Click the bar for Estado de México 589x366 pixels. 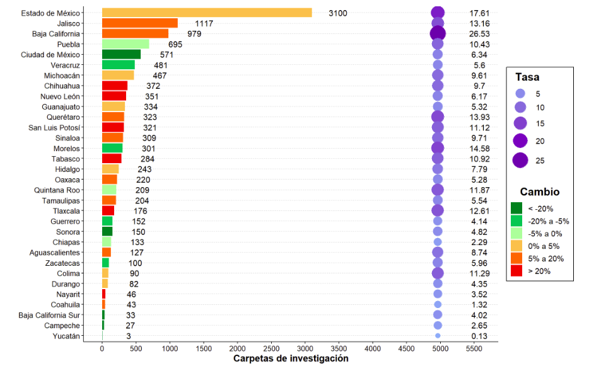click(207, 13)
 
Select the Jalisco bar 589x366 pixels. click(140, 23)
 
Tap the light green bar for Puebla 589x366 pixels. click(125, 44)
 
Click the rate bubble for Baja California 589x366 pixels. click(438, 33)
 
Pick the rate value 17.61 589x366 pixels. click(480, 13)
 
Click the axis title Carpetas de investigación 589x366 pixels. click(291, 358)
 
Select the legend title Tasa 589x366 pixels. click(527, 77)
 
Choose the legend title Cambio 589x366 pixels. click(539, 192)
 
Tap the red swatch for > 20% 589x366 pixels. click(516, 271)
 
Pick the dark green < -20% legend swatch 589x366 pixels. click(516, 209)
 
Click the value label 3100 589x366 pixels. click(337, 13)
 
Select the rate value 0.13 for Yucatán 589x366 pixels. click(480, 336)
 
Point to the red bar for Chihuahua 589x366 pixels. click(115, 86)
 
